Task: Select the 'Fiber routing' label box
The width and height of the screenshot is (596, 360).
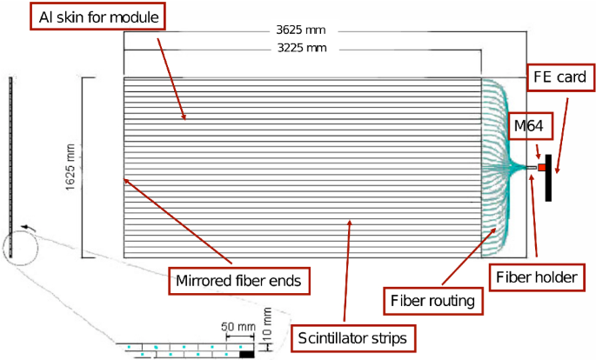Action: (432, 301)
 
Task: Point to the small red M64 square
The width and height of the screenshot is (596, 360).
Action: (541, 166)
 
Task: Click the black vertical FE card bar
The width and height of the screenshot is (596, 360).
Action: (549, 177)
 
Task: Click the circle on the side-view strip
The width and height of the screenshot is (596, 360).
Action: (19, 246)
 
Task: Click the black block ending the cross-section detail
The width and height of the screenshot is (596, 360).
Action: (247, 354)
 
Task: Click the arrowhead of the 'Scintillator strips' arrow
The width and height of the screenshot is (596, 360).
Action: (349, 221)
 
